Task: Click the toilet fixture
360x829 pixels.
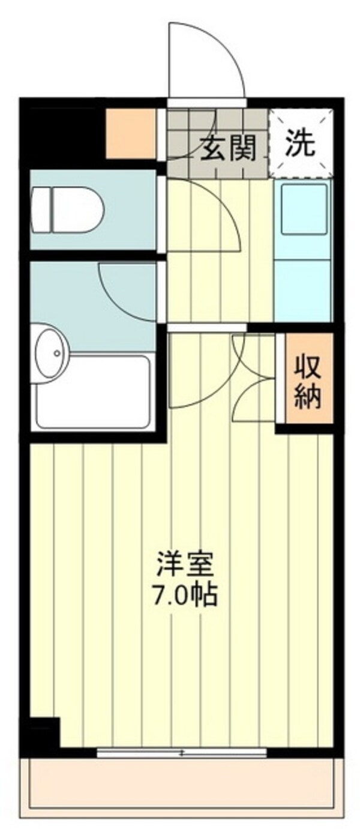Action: coord(68,210)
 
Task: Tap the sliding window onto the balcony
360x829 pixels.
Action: coord(181,752)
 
